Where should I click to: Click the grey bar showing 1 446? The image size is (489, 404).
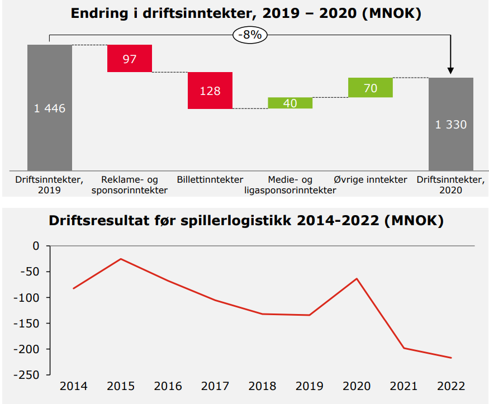(50, 107)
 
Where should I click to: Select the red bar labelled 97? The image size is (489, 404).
(130, 58)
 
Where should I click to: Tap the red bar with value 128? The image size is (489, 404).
(210, 91)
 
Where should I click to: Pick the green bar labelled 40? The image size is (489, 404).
(290, 103)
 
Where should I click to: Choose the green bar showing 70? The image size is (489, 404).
(370, 88)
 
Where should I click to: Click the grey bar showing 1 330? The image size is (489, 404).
(451, 123)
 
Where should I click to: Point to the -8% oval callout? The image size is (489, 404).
(250, 35)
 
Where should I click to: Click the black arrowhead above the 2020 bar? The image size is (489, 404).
(451, 70)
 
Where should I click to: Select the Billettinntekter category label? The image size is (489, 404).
(210, 180)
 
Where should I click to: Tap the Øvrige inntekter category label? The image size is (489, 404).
(371, 180)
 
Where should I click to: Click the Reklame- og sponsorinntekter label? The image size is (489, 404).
(130, 185)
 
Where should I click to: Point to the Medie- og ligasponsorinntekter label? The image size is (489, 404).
(290, 185)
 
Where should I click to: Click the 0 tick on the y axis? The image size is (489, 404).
(36, 246)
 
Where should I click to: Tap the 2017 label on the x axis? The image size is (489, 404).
(215, 386)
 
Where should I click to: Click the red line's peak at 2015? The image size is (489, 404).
(121, 259)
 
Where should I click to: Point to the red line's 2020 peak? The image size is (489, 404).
(357, 278)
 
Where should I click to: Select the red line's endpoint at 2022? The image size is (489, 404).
(451, 358)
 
